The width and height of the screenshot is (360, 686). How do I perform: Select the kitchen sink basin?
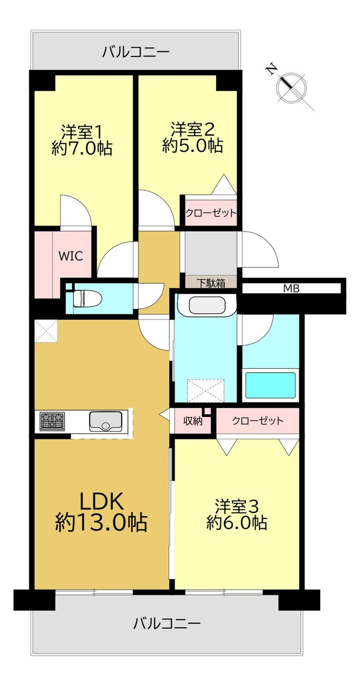pyautogui.click(x=106, y=421)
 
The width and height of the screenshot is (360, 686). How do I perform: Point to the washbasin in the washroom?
pyautogui.click(x=207, y=306)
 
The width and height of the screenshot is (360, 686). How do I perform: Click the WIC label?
pyautogui.click(x=71, y=256)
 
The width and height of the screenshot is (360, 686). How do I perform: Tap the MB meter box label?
pyautogui.click(x=291, y=288)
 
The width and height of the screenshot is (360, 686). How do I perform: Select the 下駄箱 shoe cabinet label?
pyautogui.click(x=211, y=283)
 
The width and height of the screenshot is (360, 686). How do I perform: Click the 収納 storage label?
pyautogui.click(x=193, y=421)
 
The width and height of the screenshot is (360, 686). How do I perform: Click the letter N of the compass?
pyautogui.click(x=271, y=70)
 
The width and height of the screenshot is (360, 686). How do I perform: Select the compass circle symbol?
pyautogui.click(x=291, y=88)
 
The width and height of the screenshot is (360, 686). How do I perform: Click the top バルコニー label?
pyautogui.click(x=136, y=52)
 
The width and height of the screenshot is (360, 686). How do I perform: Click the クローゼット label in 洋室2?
pyautogui.click(x=211, y=213)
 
